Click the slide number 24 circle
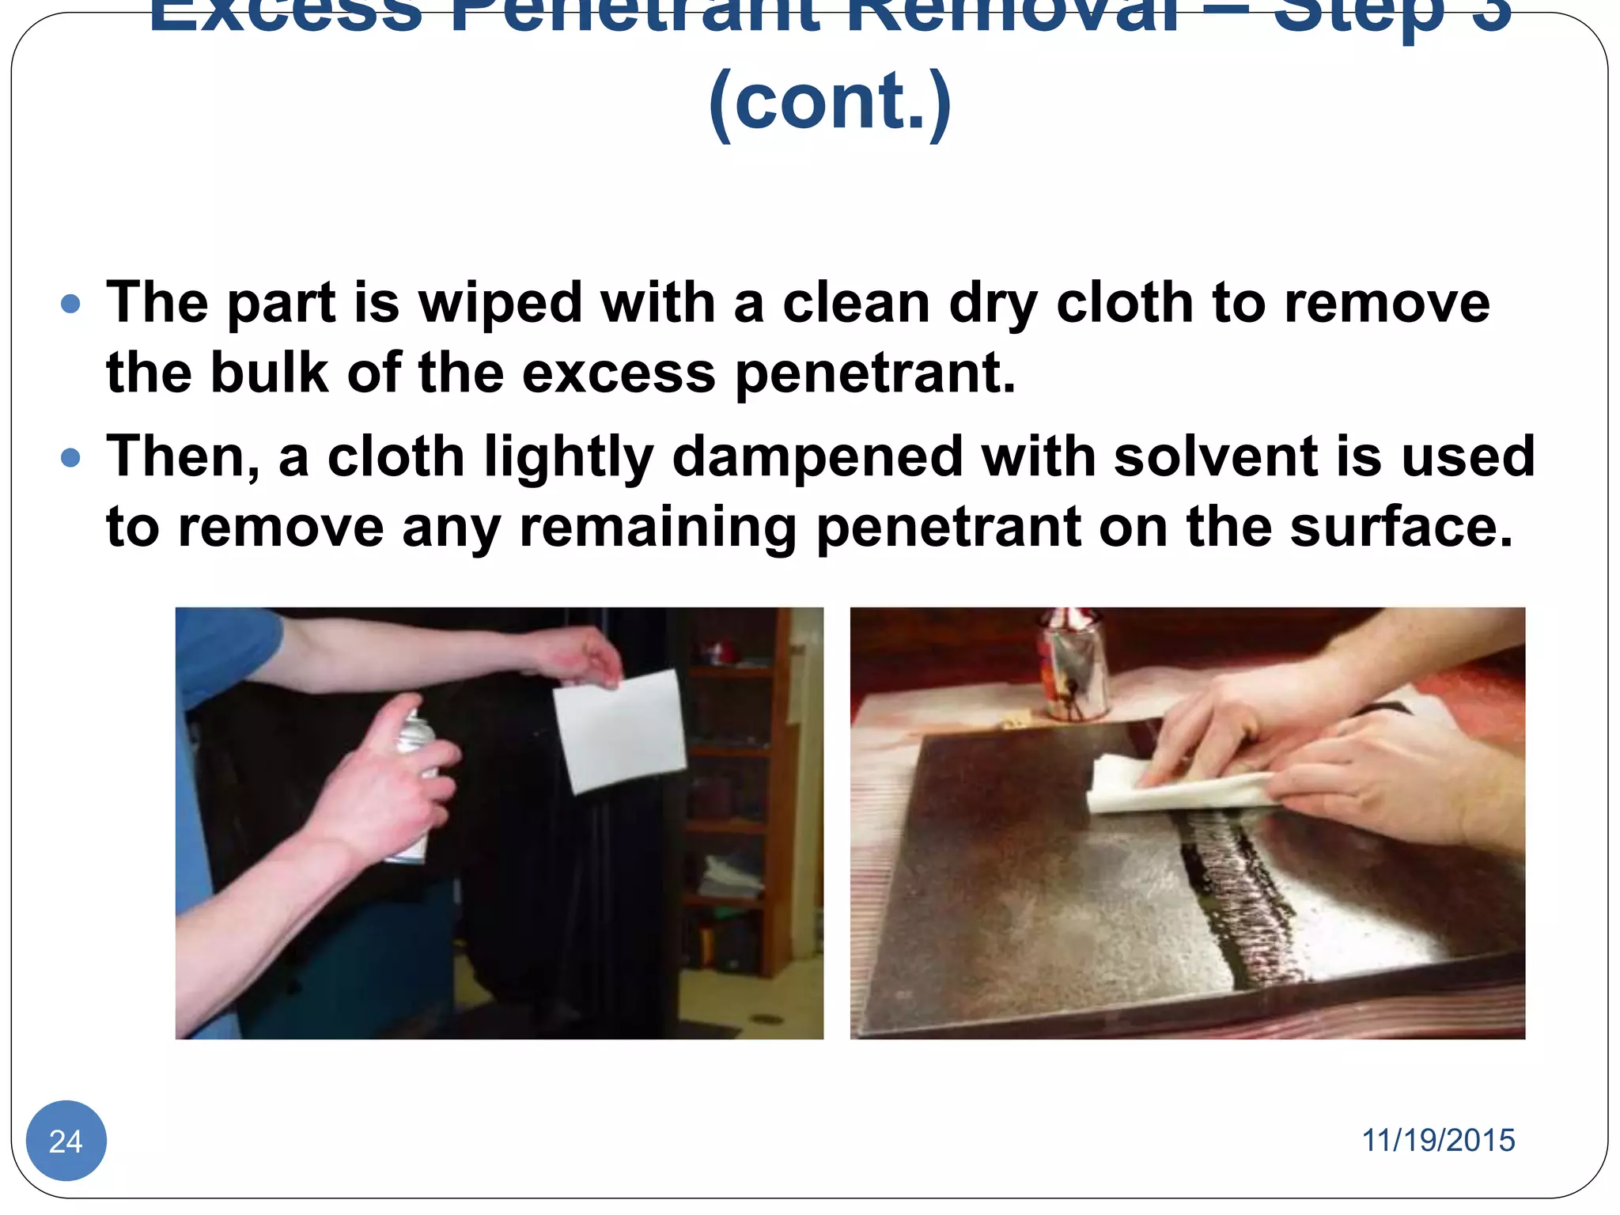coord(66,1141)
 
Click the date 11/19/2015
coord(1437,1141)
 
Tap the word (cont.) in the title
coord(830,101)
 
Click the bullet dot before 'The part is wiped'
coord(71,304)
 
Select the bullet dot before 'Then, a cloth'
coord(71,457)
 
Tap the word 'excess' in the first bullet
coord(619,373)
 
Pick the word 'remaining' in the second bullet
coord(658,528)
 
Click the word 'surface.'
coord(1401,527)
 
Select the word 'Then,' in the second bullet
coord(184,457)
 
